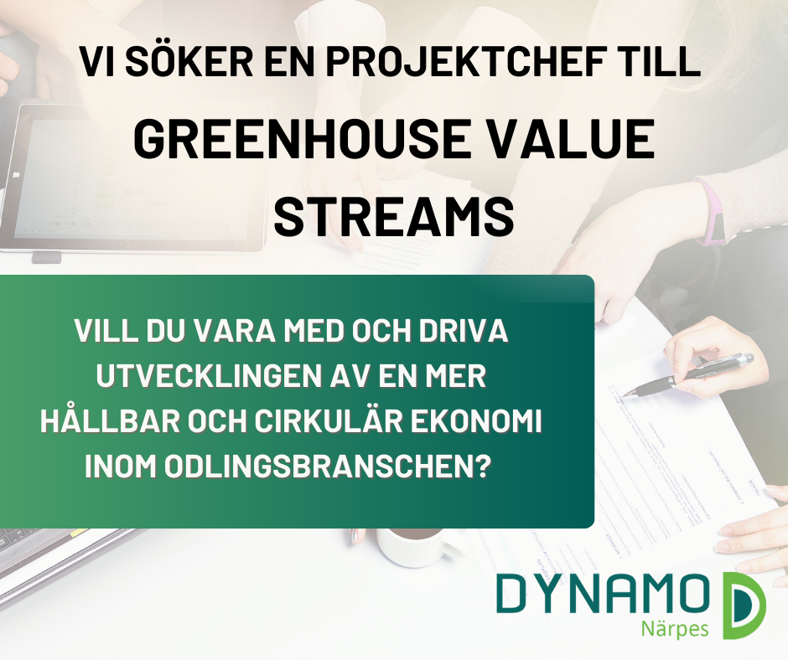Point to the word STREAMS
tap(393, 215)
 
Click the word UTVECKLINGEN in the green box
tap(208, 376)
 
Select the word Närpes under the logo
tap(675, 629)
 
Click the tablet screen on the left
tap(136, 178)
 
